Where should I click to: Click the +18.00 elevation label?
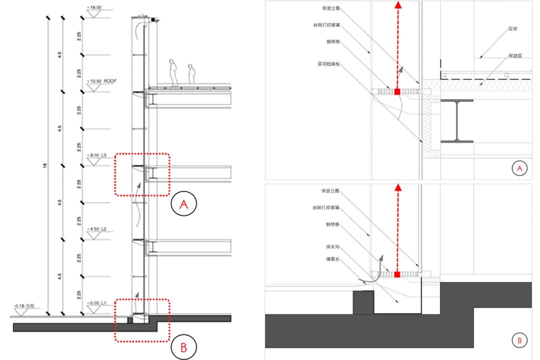click(x=94, y=7)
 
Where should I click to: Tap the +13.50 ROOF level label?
click(x=102, y=80)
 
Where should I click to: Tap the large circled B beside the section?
click(x=183, y=347)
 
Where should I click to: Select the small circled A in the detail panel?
click(x=519, y=169)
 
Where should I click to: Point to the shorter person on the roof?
click(x=191, y=73)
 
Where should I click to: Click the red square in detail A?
click(x=397, y=92)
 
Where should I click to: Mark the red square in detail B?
click(x=397, y=274)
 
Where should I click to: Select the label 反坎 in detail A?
click(x=512, y=29)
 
